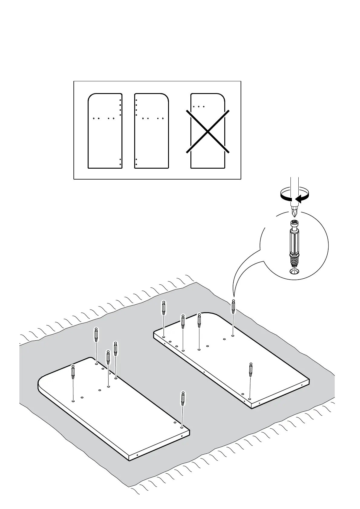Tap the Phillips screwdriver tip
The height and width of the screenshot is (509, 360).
294,213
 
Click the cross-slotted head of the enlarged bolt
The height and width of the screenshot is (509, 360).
294,224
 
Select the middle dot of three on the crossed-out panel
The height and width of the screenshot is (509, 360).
199,107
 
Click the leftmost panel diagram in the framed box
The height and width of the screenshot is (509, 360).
105,131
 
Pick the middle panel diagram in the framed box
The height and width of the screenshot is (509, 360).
151,131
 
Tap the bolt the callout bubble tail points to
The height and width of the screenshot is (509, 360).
233,307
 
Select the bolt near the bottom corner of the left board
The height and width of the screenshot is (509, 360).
183,399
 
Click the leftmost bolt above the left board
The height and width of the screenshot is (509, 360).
73,372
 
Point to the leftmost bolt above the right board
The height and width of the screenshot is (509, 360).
163,308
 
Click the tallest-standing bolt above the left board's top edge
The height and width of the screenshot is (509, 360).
96,335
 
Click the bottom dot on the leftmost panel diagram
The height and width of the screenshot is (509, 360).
120,164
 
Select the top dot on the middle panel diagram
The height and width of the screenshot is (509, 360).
136,100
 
